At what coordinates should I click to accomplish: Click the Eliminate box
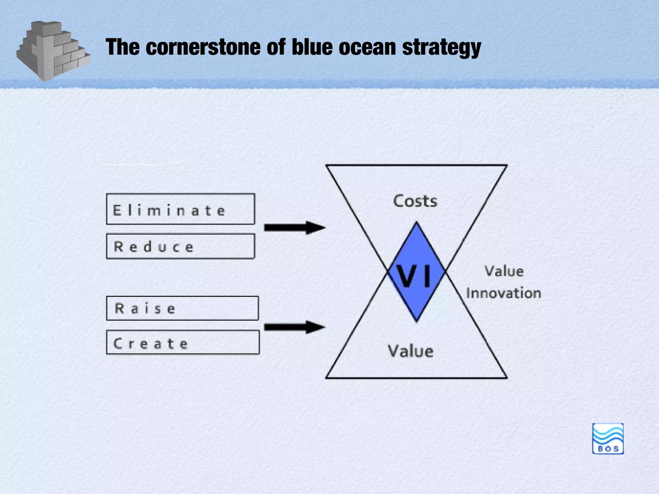click(x=180, y=209)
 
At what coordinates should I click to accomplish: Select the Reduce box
click(x=180, y=246)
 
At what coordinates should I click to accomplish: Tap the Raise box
click(x=182, y=308)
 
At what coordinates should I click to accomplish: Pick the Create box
click(x=182, y=342)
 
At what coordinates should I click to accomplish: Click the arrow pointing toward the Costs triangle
click(x=294, y=228)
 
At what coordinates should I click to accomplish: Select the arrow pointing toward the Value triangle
click(x=294, y=327)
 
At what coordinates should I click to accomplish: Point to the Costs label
click(x=415, y=201)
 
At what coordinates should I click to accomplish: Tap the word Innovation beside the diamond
click(x=504, y=293)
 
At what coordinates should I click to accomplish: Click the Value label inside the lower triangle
click(x=411, y=351)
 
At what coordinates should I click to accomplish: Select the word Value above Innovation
click(x=504, y=271)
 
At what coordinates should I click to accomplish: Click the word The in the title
click(x=123, y=47)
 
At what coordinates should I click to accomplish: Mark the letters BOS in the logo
click(x=608, y=449)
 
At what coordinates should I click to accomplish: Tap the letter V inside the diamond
click(x=406, y=276)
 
